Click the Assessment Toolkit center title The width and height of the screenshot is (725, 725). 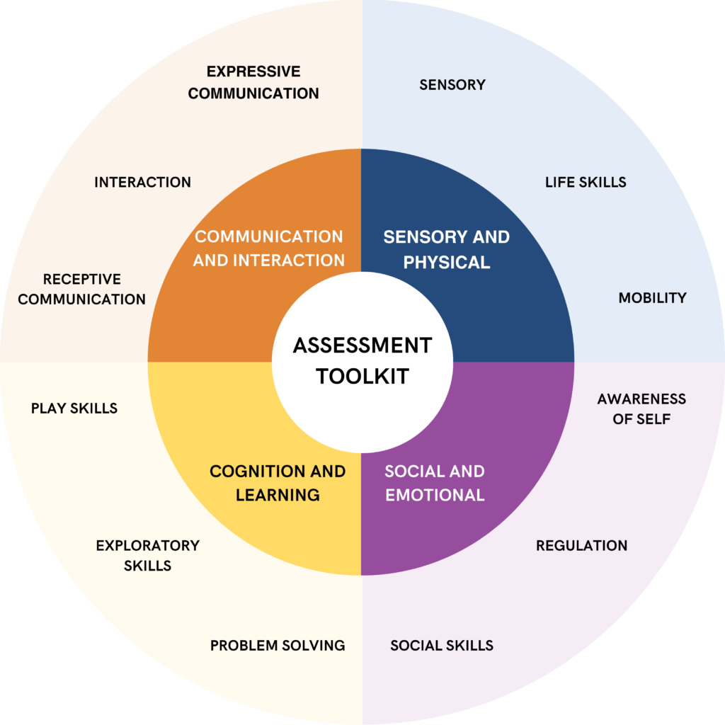tap(362, 360)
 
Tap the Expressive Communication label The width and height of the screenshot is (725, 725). tap(253, 82)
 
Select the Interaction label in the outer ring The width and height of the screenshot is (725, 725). tap(142, 182)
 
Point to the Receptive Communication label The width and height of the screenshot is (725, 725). tap(81, 289)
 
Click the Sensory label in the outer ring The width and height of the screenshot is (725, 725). tap(452, 85)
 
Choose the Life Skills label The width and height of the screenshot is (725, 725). tap(586, 182)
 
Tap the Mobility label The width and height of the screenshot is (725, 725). tap(652, 297)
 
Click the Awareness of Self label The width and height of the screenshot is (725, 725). tap(641, 409)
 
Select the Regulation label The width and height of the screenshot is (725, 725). tap(581, 545)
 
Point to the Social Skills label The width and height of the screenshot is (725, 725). tap(442, 645)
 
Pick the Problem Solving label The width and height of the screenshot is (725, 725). tap(278, 645)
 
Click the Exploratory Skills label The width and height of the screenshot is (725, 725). tap(148, 555)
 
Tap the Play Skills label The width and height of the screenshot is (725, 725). tap(74, 409)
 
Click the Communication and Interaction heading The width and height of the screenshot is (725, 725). tap(269, 248)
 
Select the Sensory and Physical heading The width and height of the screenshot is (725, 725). tap(446, 249)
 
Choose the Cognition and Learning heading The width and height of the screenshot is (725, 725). tap(278, 483)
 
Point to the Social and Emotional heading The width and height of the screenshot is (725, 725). tap(435, 483)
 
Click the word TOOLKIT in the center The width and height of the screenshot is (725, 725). tap(362, 376)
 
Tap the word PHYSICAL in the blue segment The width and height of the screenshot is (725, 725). tap(446, 262)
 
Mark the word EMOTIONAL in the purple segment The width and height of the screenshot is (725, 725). tap(435, 495)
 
